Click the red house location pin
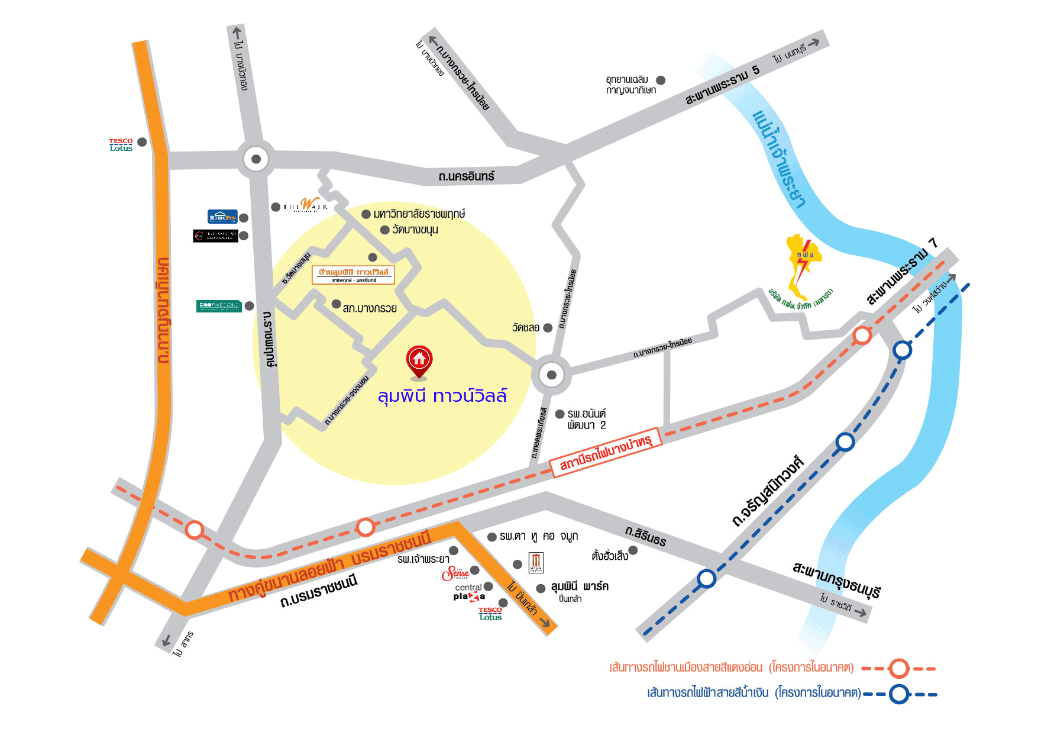(x=419, y=360)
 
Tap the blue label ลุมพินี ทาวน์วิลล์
(x=442, y=395)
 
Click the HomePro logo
(x=222, y=217)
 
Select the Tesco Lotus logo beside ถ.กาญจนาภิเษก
(x=121, y=145)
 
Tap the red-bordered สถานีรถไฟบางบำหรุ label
(x=604, y=452)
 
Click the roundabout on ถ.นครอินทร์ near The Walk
(x=256, y=159)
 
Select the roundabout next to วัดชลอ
(x=551, y=375)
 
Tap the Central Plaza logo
(x=469, y=592)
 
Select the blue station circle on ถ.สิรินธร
(x=706, y=578)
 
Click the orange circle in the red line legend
(x=899, y=668)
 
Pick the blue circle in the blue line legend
(x=899, y=694)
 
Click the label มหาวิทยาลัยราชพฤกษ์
(x=419, y=214)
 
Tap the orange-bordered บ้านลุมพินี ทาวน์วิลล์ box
(x=353, y=275)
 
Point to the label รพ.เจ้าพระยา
(x=423, y=559)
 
